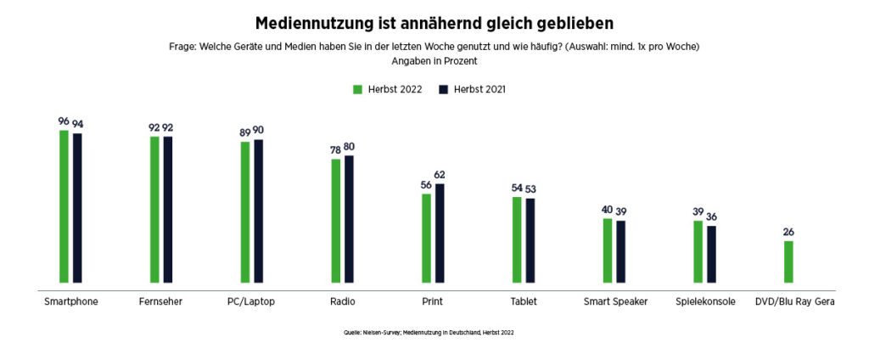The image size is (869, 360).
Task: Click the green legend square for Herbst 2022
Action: (358, 89)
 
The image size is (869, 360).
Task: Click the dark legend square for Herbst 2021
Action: (442, 89)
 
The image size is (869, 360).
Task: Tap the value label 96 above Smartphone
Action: (64, 121)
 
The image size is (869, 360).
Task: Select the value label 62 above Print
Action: (440, 174)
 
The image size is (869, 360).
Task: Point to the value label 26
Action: (788, 232)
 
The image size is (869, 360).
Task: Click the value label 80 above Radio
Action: (350, 146)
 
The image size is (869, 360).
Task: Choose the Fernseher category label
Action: (160, 301)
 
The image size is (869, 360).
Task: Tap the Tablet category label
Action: (523, 301)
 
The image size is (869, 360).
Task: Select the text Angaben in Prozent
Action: (434, 61)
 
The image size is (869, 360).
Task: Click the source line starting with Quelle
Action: (429, 333)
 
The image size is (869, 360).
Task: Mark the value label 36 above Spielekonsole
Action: (712, 217)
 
